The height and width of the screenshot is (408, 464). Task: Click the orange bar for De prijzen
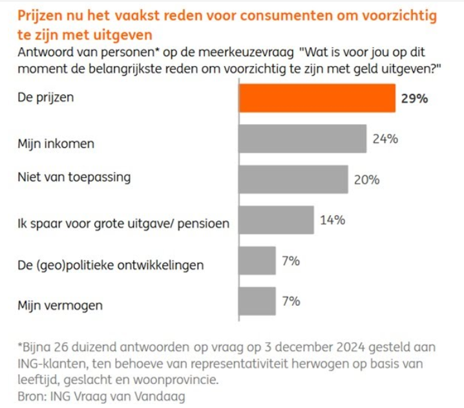pyautogui.click(x=317, y=98)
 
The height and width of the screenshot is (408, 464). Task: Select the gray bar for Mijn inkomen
pyautogui.click(x=302, y=138)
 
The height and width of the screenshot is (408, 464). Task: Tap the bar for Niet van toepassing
pyautogui.click(x=293, y=180)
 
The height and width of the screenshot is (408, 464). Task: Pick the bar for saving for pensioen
pyautogui.click(x=276, y=220)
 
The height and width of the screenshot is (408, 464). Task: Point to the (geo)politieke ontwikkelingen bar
pyautogui.click(x=257, y=261)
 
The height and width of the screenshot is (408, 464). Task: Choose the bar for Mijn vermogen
pyautogui.click(x=257, y=302)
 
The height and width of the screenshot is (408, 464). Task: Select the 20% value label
pyautogui.click(x=366, y=180)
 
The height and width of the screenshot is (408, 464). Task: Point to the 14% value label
pyautogui.click(x=332, y=220)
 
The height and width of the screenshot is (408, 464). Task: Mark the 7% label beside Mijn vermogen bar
pyautogui.click(x=292, y=301)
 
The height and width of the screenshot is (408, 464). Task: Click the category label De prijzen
pyautogui.click(x=45, y=99)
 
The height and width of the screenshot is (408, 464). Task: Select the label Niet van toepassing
pyautogui.click(x=74, y=176)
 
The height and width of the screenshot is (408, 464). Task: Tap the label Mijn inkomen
pyautogui.click(x=56, y=144)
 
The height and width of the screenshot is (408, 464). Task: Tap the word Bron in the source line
pyautogui.click(x=30, y=394)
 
